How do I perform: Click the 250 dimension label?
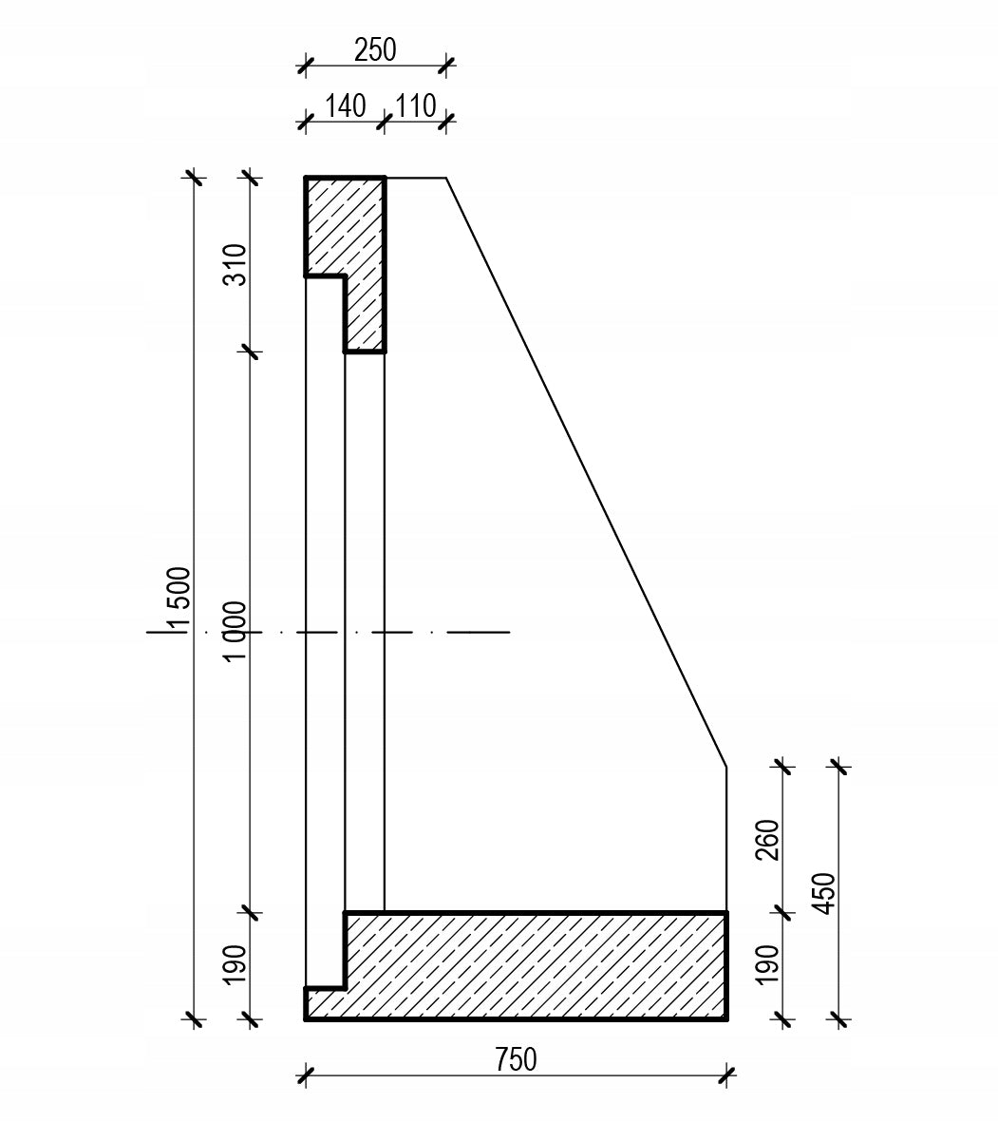point(375,50)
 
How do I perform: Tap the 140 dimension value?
point(346,105)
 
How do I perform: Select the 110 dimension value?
point(416,105)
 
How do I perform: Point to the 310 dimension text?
point(235,265)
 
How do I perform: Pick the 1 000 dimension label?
point(235,632)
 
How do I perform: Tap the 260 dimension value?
point(767,840)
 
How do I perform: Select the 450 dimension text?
point(825,893)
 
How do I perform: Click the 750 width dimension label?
point(516,1059)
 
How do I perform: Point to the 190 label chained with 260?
point(767,965)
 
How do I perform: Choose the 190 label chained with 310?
point(235,965)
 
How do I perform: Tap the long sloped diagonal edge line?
point(587,472)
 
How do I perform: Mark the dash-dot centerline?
point(330,633)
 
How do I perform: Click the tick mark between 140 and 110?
point(385,122)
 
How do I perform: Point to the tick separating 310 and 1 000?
point(250,352)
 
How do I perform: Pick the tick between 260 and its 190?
point(783,913)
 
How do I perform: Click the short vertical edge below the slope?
point(726,840)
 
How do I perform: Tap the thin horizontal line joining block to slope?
point(416,178)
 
